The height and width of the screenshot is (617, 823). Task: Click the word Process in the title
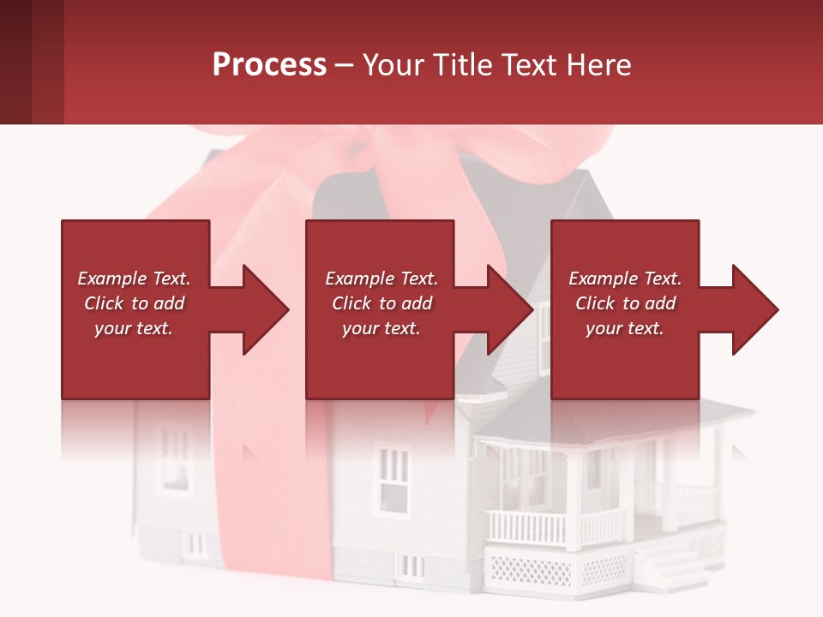point(269,65)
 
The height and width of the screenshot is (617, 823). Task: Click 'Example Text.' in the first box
point(134,279)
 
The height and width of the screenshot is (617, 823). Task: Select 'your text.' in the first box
point(134,328)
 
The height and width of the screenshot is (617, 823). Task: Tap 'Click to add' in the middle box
point(381,303)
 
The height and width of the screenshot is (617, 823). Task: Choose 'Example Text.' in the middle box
point(381,279)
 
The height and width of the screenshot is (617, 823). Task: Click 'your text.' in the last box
point(624,328)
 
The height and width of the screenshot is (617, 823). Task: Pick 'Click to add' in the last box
point(625,303)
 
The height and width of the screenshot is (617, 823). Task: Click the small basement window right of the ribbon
point(409,566)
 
